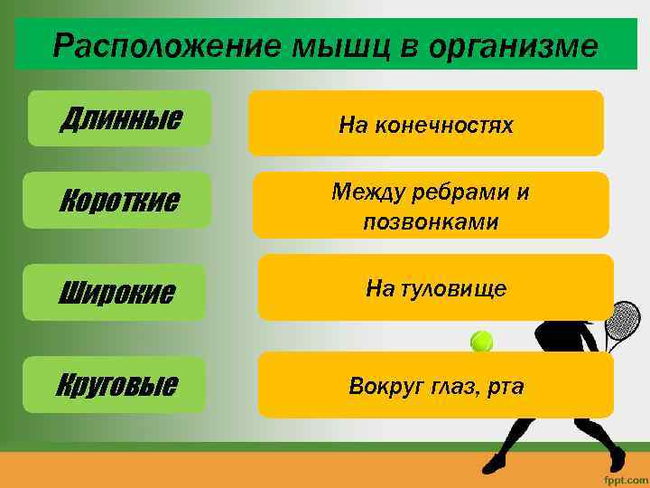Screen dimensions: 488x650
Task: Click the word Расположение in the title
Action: click(x=167, y=45)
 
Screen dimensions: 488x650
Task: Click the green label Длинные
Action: click(x=120, y=118)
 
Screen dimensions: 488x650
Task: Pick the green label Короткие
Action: click(x=119, y=200)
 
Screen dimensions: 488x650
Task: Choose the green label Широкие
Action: click(x=116, y=293)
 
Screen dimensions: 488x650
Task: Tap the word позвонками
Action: click(x=431, y=221)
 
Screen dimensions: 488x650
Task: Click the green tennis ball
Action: click(x=482, y=341)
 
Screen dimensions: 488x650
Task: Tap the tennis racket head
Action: click(x=623, y=320)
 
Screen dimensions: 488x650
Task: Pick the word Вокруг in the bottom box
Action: click(x=385, y=387)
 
